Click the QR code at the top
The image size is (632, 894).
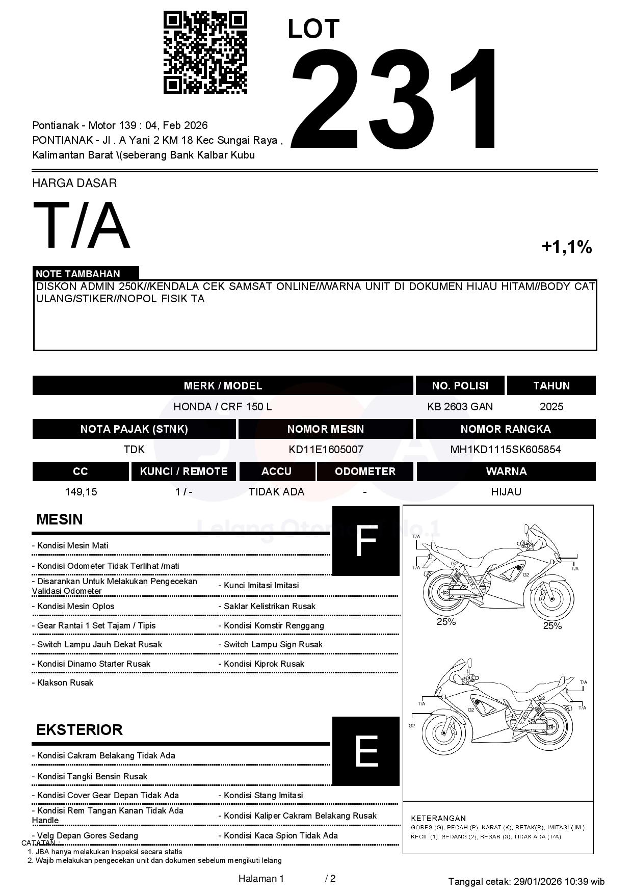coord(205,52)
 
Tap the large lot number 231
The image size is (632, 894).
coord(395,99)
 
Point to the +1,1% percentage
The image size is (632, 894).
coord(566,247)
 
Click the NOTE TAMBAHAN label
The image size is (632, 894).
coord(77,274)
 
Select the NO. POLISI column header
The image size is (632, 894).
coord(460,386)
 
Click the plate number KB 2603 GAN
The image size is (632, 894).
coord(460,407)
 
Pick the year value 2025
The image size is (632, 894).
coord(551,407)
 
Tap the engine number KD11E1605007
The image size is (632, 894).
coord(326,450)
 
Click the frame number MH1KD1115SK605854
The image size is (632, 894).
coord(505,450)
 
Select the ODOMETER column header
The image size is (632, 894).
coord(365,471)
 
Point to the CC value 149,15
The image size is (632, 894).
coord(81,492)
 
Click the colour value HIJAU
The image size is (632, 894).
coord(506,492)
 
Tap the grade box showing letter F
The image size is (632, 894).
coord(365,541)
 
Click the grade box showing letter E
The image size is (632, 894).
coord(365,751)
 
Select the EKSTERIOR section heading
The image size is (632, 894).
coord(80,730)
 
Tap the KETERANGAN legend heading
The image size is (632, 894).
coord(438,818)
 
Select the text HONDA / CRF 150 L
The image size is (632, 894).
coord(223,407)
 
